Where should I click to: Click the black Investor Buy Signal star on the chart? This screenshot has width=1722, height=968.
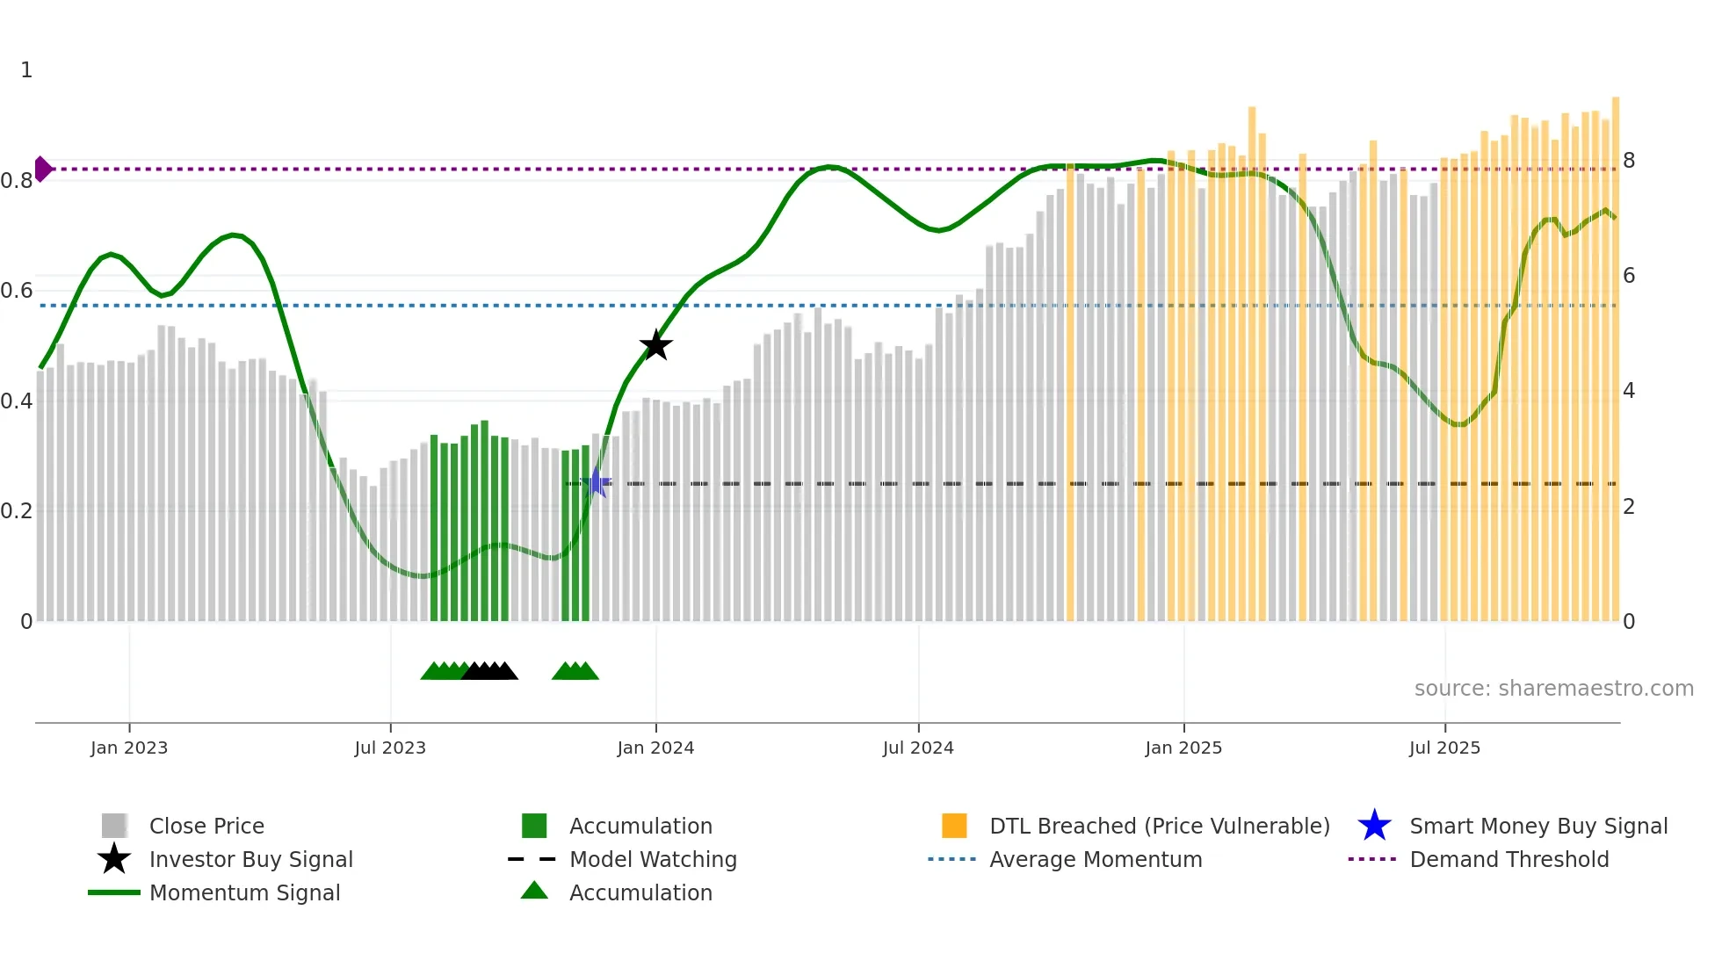click(655, 346)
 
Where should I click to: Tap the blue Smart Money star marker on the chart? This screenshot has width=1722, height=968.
click(596, 482)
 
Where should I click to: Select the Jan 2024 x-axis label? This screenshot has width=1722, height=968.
click(655, 748)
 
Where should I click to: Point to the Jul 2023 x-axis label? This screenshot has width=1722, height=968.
click(390, 748)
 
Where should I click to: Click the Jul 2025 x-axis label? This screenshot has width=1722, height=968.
click(1444, 748)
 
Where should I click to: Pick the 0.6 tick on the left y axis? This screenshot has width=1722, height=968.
click(17, 291)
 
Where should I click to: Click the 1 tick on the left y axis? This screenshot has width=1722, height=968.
click(26, 70)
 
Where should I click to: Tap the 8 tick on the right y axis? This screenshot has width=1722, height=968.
click(1629, 161)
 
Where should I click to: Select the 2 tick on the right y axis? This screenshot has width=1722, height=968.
click(1629, 507)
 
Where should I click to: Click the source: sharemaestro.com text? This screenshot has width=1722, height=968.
click(1553, 689)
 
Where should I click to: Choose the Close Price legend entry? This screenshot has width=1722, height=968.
click(206, 826)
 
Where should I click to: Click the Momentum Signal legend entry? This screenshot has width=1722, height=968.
click(244, 892)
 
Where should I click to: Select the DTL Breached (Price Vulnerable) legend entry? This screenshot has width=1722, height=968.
click(1159, 826)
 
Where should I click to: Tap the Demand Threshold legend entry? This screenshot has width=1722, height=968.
click(1509, 859)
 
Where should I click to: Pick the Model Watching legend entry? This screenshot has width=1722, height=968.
click(653, 859)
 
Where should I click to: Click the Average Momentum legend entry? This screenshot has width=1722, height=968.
click(1096, 859)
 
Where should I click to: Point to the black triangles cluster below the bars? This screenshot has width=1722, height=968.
click(489, 671)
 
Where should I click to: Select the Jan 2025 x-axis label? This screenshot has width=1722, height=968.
click(1183, 748)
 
